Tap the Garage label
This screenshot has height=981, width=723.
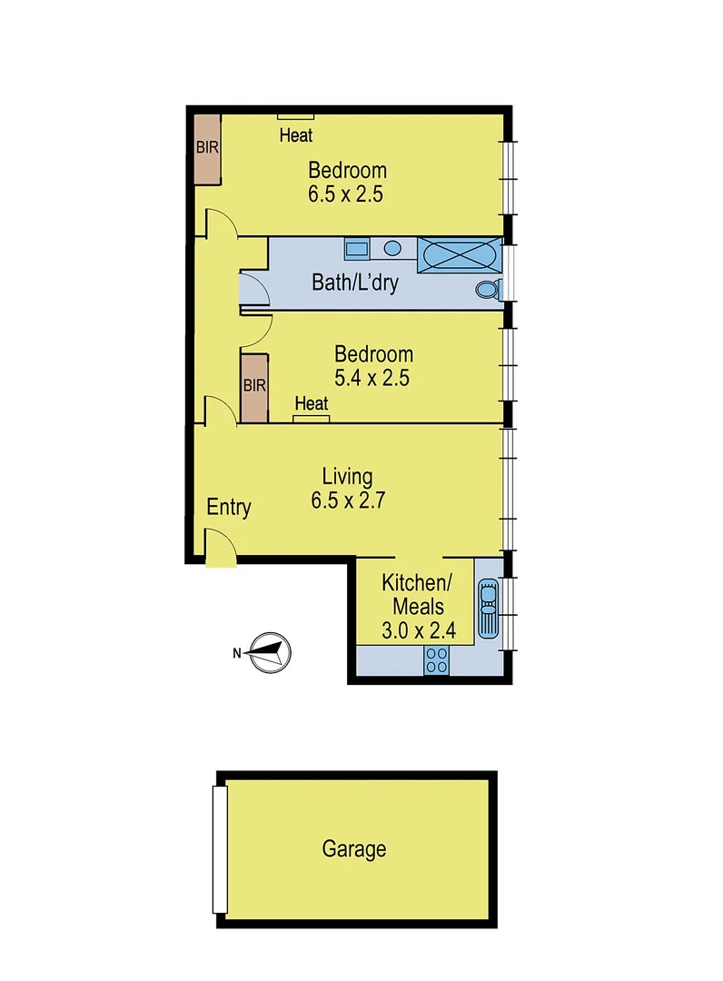354,849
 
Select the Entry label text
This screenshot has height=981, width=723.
228,507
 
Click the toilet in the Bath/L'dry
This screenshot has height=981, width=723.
489,290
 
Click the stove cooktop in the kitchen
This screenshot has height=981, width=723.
436,660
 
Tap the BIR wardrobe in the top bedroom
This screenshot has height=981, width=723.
208,149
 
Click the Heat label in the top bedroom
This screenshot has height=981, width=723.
296,136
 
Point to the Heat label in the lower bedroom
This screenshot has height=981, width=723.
311,403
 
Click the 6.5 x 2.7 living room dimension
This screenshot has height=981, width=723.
348,499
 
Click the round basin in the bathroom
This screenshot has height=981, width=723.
393,247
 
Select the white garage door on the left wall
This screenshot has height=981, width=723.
219,849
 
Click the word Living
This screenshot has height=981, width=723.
348,476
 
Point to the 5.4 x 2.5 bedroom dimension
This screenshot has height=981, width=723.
373,377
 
